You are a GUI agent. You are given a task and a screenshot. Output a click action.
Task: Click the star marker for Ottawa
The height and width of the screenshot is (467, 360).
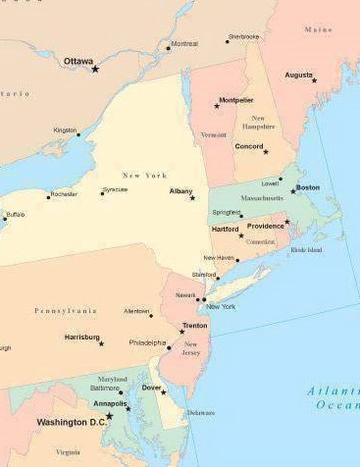[95, 69]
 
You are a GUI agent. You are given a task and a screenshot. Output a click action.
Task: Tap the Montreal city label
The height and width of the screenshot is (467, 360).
[183, 43]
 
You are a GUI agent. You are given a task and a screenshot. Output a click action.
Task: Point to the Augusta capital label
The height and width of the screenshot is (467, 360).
[298, 74]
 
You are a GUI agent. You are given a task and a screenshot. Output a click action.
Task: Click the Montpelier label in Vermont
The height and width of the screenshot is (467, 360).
[236, 99]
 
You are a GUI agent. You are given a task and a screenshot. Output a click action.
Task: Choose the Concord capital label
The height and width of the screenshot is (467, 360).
[249, 146]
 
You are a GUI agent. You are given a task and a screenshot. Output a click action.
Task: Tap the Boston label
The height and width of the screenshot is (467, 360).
[308, 186]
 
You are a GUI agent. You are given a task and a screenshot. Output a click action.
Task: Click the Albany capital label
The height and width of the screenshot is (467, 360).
[180, 190]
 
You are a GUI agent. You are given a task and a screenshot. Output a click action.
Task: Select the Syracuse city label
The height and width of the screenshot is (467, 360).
[115, 188]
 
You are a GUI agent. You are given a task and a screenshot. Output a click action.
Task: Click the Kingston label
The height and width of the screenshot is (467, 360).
[65, 129]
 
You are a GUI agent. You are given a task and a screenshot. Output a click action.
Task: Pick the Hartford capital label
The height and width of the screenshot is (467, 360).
[225, 229]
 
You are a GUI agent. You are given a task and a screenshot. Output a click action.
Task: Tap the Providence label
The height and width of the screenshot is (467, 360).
[265, 225]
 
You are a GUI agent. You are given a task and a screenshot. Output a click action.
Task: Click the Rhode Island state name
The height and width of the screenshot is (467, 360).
[306, 249]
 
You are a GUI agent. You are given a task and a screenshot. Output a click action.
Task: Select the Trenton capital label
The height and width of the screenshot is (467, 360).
[194, 324]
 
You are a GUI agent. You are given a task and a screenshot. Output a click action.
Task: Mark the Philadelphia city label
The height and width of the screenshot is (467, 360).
[147, 342]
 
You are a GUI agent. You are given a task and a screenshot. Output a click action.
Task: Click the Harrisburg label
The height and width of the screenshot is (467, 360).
[81, 337]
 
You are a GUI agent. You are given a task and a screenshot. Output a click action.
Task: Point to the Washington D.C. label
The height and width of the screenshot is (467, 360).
[71, 422]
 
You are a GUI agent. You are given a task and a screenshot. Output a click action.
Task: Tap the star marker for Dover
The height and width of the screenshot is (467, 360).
[164, 392]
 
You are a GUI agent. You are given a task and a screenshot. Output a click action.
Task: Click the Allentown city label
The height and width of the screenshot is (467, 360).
[136, 310]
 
